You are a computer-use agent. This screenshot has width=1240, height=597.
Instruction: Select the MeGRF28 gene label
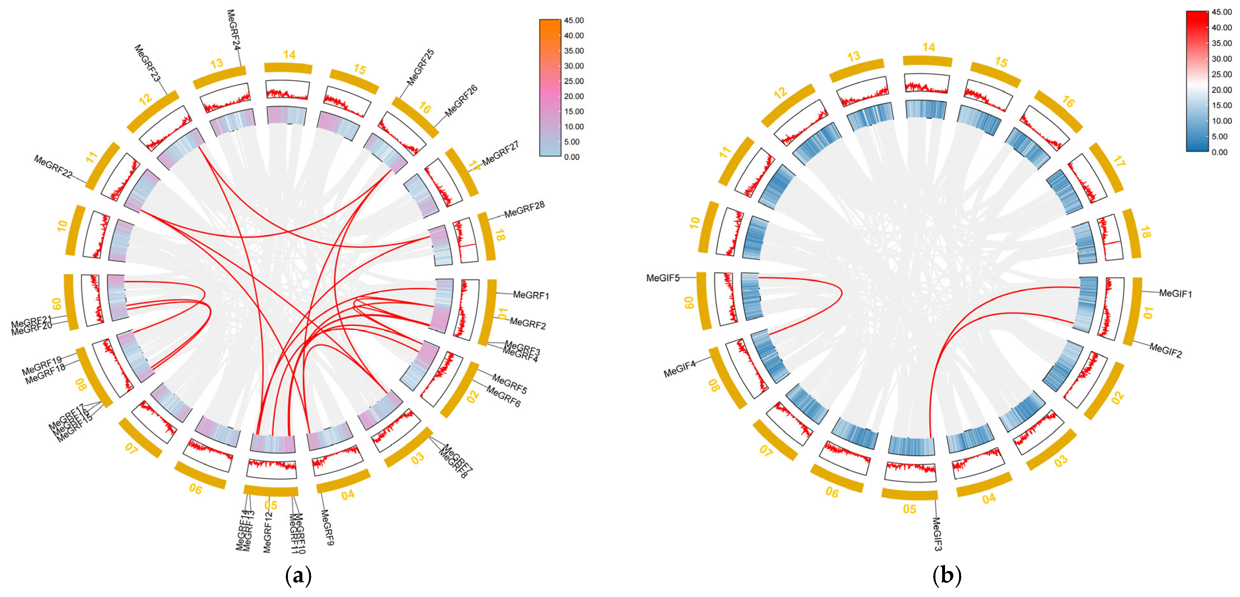[x=524, y=209]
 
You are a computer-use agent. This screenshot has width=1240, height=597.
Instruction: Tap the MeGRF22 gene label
[x=53, y=166]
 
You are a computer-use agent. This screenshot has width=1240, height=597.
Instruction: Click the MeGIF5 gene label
[x=663, y=278]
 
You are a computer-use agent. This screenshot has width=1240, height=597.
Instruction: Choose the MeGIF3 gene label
[x=937, y=534]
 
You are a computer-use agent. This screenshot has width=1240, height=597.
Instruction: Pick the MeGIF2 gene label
[x=1166, y=350]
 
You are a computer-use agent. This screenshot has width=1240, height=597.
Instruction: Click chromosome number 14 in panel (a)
[x=289, y=55]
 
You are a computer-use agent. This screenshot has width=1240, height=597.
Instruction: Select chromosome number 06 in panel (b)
[x=832, y=492]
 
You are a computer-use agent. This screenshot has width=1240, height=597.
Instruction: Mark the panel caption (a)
[x=298, y=576]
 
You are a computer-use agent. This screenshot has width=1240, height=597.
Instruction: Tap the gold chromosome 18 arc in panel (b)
[x=1134, y=234]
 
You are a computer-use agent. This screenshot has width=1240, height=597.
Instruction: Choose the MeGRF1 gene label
[x=531, y=295]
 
